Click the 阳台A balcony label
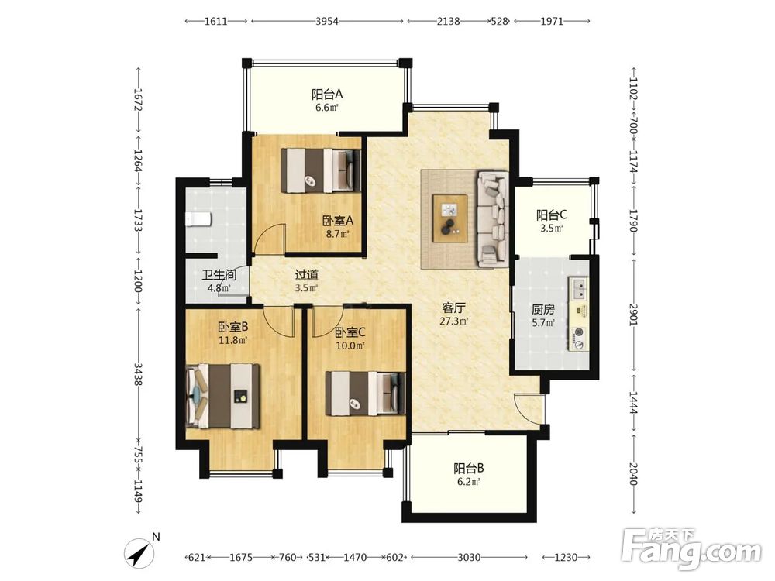[x=327, y=94]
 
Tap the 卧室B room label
[x=232, y=327]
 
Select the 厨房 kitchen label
[x=542, y=310]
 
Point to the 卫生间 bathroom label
[x=219, y=275]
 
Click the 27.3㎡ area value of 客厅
[x=453, y=321]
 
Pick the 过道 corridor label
[x=306, y=275]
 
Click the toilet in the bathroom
[x=198, y=219]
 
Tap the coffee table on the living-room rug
[x=449, y=218]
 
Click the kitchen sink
[x=578, y=288]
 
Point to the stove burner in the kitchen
[x=579, y=332]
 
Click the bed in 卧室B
[x=223, y=396]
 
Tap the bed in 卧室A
[x=321, y=170]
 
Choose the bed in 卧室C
[x=365, y=394]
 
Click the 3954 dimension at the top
[x=327, y=21]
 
